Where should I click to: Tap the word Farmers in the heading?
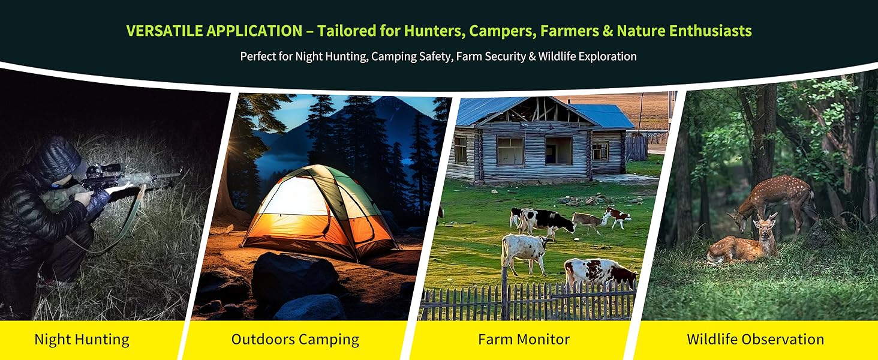569,31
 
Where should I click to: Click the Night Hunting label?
82,340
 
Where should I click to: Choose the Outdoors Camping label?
295,340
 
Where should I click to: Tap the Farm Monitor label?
524,340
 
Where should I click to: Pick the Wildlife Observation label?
755,340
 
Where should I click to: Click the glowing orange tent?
318,213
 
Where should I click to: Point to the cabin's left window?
509,150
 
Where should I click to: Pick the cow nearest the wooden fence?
599,273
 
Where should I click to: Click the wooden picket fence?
528,303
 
